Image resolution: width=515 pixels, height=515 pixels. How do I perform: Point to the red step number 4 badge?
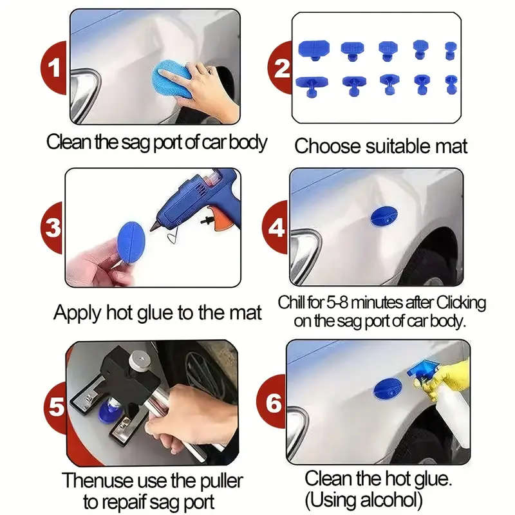click(277, 227)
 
